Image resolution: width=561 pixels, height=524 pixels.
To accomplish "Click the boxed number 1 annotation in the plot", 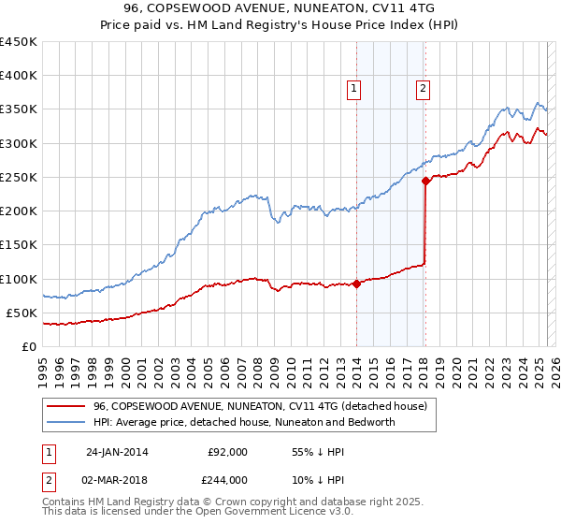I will [355, 89].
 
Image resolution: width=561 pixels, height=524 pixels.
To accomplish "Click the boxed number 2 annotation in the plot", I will [423, 89].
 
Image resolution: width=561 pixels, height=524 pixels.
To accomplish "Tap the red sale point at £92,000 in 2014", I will [357, 284].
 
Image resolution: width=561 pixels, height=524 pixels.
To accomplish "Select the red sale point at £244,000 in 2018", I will [425, 182].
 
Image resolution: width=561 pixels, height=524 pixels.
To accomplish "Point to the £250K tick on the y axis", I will [19, 177].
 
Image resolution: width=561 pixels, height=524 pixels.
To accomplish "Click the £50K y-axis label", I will [22, 313].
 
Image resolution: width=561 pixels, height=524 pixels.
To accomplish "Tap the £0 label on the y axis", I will [29, 346].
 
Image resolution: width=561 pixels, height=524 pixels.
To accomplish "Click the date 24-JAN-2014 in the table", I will [117, 452].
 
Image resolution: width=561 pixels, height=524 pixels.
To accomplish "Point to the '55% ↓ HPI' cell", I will [318, 452].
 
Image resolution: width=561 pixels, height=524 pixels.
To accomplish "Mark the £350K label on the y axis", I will [19, 109].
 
